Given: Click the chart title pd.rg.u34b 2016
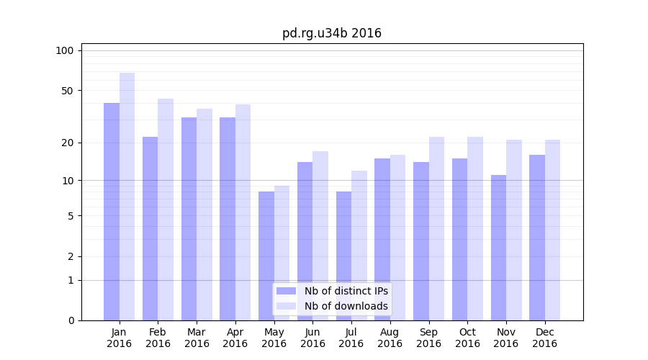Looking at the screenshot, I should (331, 33).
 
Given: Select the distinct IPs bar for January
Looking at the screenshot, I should (112, 212).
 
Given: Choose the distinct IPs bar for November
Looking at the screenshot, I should (498, 248).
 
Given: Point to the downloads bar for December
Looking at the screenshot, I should (552, 230).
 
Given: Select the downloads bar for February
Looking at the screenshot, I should (166, 210).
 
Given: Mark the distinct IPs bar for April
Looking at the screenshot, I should (228, 219).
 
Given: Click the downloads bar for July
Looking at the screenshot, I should (359, 246).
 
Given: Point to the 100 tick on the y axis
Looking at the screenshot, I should (65, 50).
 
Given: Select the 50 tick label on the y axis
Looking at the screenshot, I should (67, 91).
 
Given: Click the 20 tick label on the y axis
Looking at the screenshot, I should (67, 143).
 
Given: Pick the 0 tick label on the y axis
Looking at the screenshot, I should (70, 320).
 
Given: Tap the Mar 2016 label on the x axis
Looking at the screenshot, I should (197, 338).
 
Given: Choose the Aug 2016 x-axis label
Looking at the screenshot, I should (390, 338).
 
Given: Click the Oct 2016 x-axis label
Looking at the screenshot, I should (467, 338).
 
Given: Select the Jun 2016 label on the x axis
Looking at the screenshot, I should (312, 338).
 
